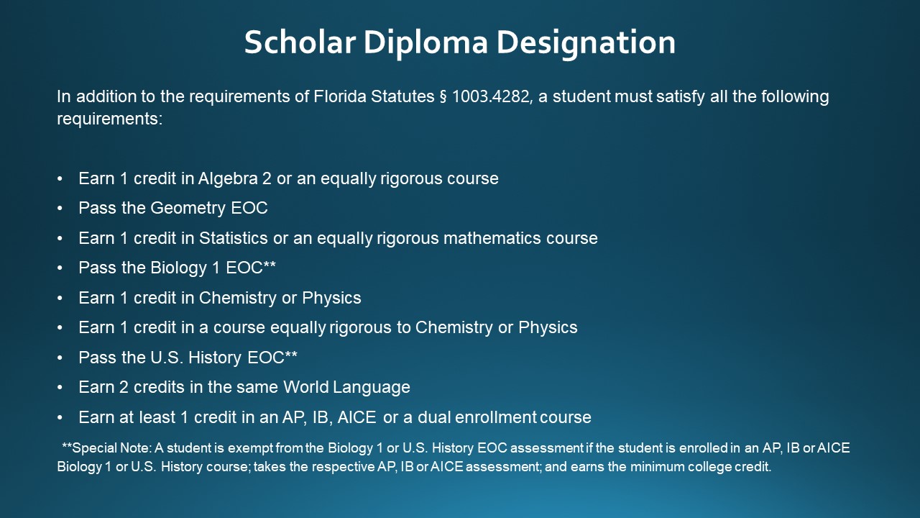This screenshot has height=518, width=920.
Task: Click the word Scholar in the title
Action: point(299,42)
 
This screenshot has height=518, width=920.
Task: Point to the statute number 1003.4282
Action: point(492,96)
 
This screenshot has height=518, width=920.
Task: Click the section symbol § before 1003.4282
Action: point(442,96)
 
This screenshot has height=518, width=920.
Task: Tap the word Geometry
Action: point(188,208)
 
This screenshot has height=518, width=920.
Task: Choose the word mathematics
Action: point(477,238)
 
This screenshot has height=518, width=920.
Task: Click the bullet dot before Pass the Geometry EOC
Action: point(60,209)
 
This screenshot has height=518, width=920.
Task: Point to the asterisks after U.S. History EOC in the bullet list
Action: point(290,355)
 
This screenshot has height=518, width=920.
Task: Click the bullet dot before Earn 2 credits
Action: point(60,388)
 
